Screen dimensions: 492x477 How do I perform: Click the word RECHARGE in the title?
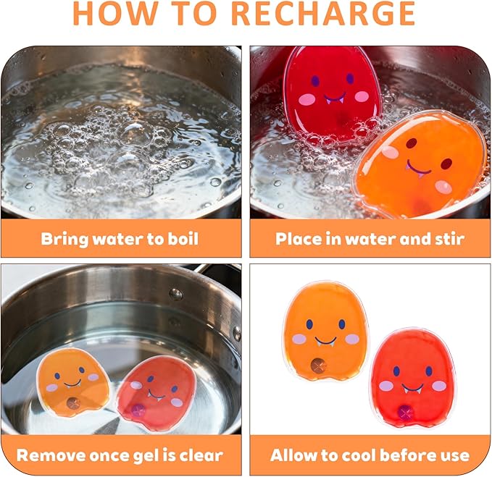coord(323,14)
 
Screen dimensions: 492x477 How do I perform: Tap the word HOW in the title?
coord(116,14)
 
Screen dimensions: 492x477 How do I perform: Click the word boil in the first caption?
coord(183,239)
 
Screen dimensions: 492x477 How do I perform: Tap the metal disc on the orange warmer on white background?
coord(317,365)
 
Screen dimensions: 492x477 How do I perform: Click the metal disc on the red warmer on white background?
coord(405,412)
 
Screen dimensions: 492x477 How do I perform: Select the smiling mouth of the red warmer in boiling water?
coord(335,98)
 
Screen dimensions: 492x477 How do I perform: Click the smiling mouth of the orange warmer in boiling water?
coord(418,169)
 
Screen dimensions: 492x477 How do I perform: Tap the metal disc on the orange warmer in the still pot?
coord(73,403)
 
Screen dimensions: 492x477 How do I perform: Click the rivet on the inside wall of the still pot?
coord(175,294)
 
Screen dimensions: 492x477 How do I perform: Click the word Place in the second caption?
coord(299,239)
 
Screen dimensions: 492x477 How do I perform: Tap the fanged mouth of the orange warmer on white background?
coord(325,342)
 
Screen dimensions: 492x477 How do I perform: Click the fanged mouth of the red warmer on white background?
coord(413,389)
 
